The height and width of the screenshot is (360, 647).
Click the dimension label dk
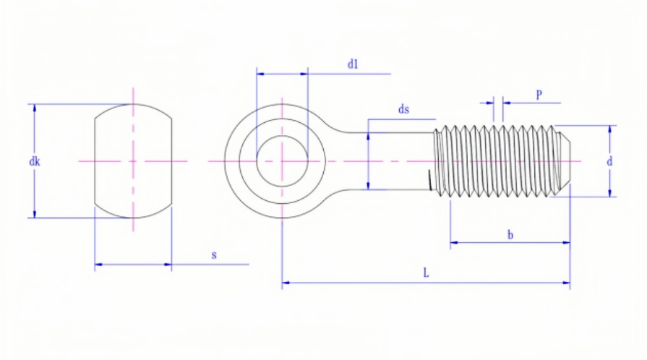coord(34,162)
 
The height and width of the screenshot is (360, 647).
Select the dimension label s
coord(214,255)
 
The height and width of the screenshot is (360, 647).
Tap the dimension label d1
coord(353,64)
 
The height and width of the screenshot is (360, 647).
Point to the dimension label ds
coord(404,110)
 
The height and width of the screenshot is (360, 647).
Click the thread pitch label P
coord(539,95)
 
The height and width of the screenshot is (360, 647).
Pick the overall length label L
coord(426,273)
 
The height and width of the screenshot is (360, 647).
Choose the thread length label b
coord(510,235)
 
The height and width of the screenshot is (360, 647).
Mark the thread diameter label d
coord(609,162)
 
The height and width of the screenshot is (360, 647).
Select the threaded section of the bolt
coord(499,160)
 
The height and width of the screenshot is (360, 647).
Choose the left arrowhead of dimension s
coord(98,265)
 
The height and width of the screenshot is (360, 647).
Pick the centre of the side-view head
coord(133,160)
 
